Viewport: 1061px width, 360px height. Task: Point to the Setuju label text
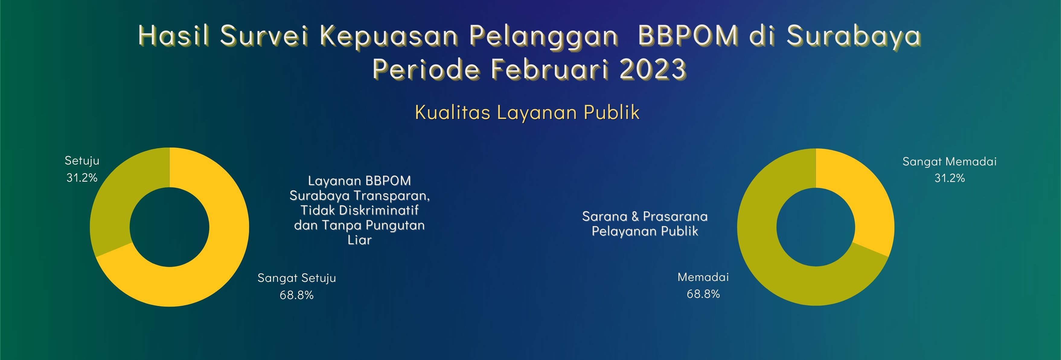point(82,161)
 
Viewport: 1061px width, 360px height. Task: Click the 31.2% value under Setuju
point(82,177)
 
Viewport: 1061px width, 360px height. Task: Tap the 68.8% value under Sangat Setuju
point(296,295)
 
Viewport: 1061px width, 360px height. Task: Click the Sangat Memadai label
point(949,161)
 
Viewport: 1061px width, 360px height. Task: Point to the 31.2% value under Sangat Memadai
point(949,178)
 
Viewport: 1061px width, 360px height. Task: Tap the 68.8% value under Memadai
point(703,294)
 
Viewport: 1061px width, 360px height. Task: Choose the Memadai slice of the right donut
point(770,264)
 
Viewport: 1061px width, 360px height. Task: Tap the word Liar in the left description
point(360,240)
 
